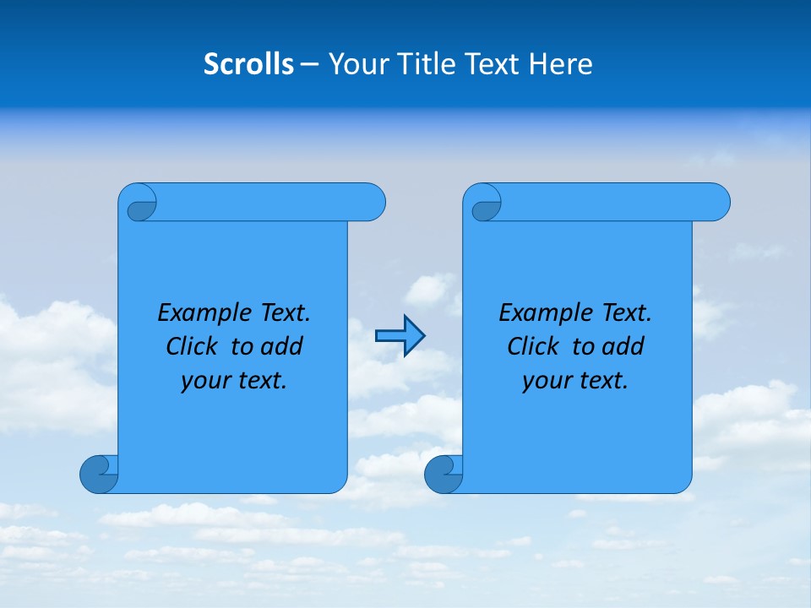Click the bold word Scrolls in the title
pyautogui.click(x=249, y=64)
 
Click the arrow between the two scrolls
pyautogui.click(x=400, y=336)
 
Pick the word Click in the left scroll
pyautogui.click(x=193, y=347)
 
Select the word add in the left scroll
pyautogui.click(x=282, y=347)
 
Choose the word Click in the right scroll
pyautogui.click(x=534, y=347)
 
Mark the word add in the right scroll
pyautogui.click(x=624, y=347)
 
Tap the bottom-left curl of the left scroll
pyautogui.click(x=99, y=475)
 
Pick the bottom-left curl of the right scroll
pyautogui.click(x=444, y=475)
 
